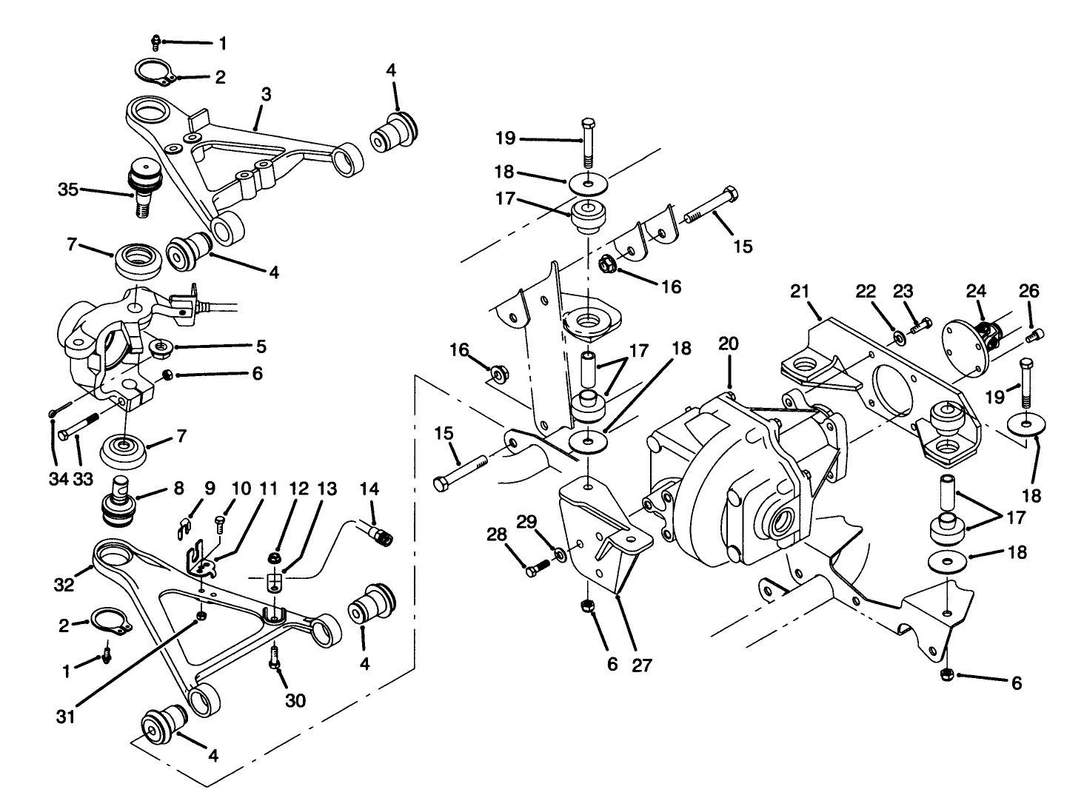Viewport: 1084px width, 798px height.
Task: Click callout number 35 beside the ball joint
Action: click(x=68, y=190)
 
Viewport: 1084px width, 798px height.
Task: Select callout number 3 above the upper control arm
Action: click(x=266, y=94)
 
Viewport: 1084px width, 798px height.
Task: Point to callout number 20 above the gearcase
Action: click(x=729, y=344)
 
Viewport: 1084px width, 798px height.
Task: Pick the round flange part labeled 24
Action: click(x=965, y=343)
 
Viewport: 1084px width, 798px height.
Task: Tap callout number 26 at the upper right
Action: click(x=1028, y=292)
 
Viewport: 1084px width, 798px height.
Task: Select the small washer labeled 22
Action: click(x=898, y=338)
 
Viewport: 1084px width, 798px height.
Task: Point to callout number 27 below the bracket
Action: click(x=641, y=665)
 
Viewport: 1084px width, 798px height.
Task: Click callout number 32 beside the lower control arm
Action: click(x=64, y=585)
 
